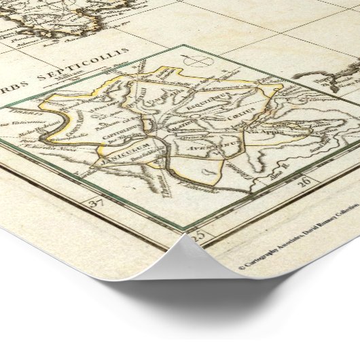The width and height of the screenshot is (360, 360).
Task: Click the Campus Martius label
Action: (x=96, y=109)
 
